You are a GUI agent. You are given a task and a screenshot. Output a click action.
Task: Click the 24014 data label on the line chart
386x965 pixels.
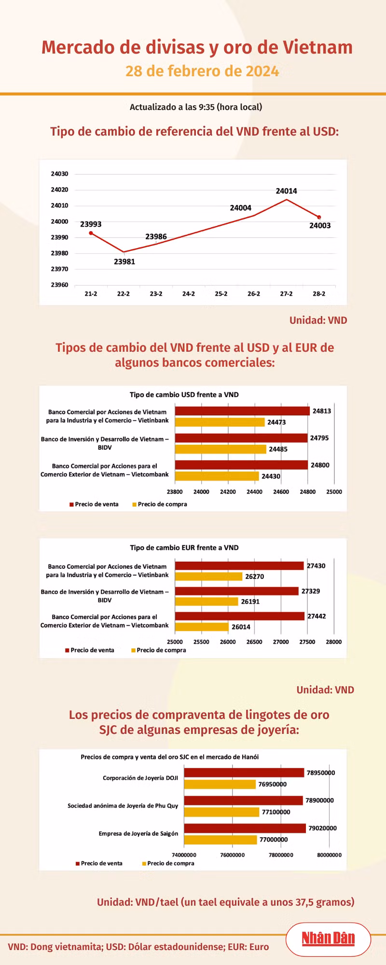click(286, 191)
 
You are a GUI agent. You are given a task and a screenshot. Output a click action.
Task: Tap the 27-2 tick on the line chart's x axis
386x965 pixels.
click(286, 294)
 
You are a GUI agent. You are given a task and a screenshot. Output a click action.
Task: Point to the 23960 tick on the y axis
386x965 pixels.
click(60, 285)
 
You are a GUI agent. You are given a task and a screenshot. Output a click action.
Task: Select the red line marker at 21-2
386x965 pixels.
click(91, 233)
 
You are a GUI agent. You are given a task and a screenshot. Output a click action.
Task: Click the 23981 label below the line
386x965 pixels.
click(124, 262)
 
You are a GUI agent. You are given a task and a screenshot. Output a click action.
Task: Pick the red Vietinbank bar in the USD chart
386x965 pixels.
click(242, 411)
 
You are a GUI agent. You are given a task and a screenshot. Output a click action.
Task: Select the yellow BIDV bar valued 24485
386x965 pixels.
click(221, 449)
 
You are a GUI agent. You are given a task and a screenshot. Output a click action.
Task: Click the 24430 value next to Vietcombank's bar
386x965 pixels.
click(271, 476)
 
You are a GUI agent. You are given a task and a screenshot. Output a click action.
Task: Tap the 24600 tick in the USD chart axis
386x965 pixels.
click(281, 492)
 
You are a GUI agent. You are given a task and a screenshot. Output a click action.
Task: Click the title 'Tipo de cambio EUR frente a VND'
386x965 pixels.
click(184, 548)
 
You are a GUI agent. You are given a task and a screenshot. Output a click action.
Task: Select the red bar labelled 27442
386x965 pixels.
click(240, 616)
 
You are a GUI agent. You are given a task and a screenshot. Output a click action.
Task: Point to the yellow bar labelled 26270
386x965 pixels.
click(208, 577)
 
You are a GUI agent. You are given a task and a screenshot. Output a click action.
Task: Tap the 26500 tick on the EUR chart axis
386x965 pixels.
click(254, 642)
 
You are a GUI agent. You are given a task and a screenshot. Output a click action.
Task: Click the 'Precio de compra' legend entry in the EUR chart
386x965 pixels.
click(159, 650)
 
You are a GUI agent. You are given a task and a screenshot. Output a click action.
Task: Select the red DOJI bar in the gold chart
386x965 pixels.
click(244, 772)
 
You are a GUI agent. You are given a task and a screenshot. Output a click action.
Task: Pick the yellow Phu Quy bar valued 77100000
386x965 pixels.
click(222, 812)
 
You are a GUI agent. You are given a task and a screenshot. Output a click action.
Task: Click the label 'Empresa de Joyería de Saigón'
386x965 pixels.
click(138, 833)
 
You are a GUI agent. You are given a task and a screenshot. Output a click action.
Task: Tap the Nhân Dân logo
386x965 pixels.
click(328, 938)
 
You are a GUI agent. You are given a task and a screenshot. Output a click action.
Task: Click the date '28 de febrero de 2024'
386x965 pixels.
click(202, 71)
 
